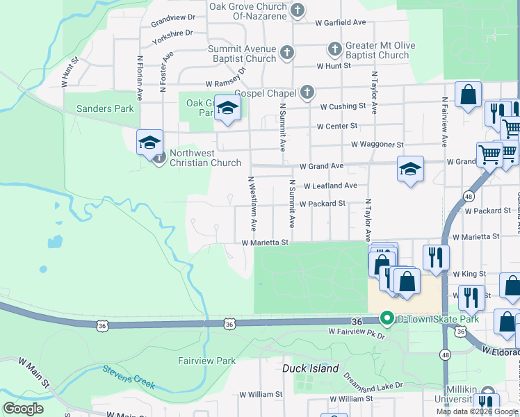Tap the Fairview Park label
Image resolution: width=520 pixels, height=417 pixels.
pyautogui.click(x=206, y=361)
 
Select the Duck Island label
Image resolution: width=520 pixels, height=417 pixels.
pyautogui.click(x=310, y=368)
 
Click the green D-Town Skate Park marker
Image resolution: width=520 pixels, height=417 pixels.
pyautogui.click(x=387, y=319)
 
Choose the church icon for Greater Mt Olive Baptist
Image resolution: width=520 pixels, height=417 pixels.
pyautogui.click(x=334, y=49)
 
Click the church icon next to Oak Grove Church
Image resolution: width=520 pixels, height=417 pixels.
pyautogui.click(x=298, y=10)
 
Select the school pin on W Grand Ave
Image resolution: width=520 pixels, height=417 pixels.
pyautogui.click(x=410, y=168)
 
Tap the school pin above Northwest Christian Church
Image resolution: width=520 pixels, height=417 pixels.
pyautogui.click(x=149, y=142)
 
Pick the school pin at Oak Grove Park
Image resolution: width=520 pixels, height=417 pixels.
pyautogui.click(x=227, y=107)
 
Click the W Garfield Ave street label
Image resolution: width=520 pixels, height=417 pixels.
pyautogui.click(x=339, y=23)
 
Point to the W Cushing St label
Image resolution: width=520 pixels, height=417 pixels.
pyautogui.click(x=343, y=106)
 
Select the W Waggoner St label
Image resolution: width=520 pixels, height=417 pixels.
pyautogui.click(x=377, y=145)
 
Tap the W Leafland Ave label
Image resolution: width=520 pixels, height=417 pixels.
pyautogui.click(x=330, y=186)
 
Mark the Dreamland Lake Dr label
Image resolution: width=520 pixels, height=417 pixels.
pyautogui.click(x=373, y=382)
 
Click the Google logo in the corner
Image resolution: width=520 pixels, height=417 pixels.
pyautogui.click(x=24, y=408)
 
